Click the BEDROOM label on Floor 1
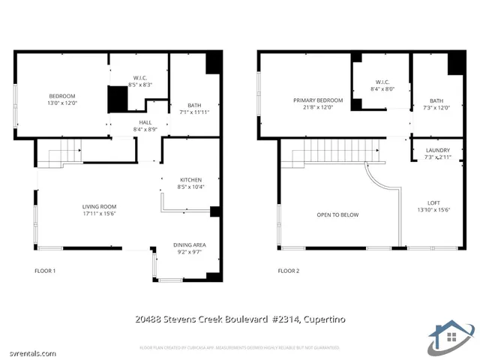tap(62, 96)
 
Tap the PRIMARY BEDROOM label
tap(318, 100)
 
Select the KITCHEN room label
tap(190, 180)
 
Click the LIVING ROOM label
tap(99, 206)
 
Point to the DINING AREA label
tap(190, 245)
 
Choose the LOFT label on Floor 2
tap(433, 202)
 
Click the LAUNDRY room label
tap(437, 151)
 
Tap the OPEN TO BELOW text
tap(337, 215)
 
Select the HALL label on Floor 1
tap(145, 122)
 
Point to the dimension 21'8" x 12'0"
tap(318, 107)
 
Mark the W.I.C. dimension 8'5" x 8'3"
tap(140, 85)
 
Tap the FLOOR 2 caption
tap(288, 270)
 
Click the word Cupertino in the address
tap(324, 320)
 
